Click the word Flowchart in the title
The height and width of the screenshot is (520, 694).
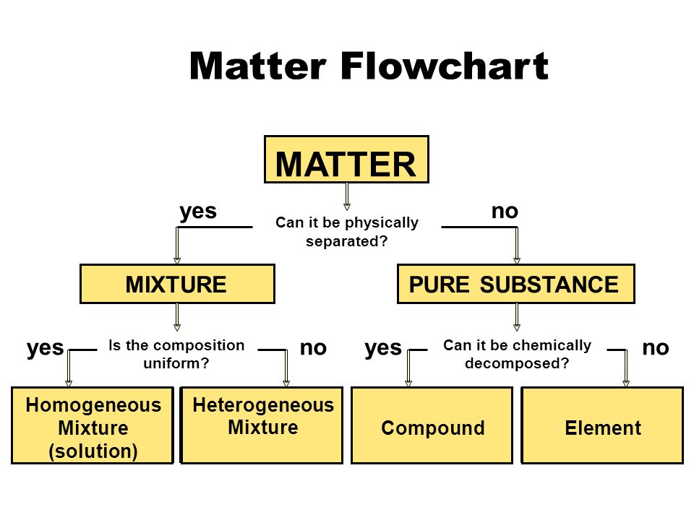[x=445, y=66]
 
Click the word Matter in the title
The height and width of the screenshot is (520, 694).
[x=258, y=66]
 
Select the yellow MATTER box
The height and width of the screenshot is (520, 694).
[x=346, y=159]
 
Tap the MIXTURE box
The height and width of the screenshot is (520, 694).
[x=177, y=284]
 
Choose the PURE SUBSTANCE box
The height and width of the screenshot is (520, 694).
[x=516, y=284]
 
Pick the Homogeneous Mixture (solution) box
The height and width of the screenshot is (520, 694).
[x=93, y=425]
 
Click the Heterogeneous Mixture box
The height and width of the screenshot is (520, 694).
[x=262, y=425]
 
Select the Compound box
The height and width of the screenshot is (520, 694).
[x=432, y=425]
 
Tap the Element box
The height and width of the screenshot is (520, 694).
[x=602, y=425]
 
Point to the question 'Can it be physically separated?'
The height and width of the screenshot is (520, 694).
[x=347, y=232]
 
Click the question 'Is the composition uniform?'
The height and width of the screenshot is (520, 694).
[x=176, y=354]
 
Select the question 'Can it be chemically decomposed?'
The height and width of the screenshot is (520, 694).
[x=517, y=354]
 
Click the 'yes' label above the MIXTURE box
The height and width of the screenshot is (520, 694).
[x=198, y=212]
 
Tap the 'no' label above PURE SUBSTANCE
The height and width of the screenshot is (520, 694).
[x=505, y=212]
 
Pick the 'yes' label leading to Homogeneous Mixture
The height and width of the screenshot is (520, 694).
[x=45, y=348]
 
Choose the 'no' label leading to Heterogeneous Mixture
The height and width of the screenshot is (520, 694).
[x=313, y=348]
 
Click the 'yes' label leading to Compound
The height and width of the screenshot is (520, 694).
[x=383, y=348]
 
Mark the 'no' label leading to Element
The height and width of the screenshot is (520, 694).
[x=656, y=348]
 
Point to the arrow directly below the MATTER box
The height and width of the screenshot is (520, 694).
[x=347, y=196]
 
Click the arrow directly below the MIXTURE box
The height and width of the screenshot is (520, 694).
[x=177, y=317]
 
